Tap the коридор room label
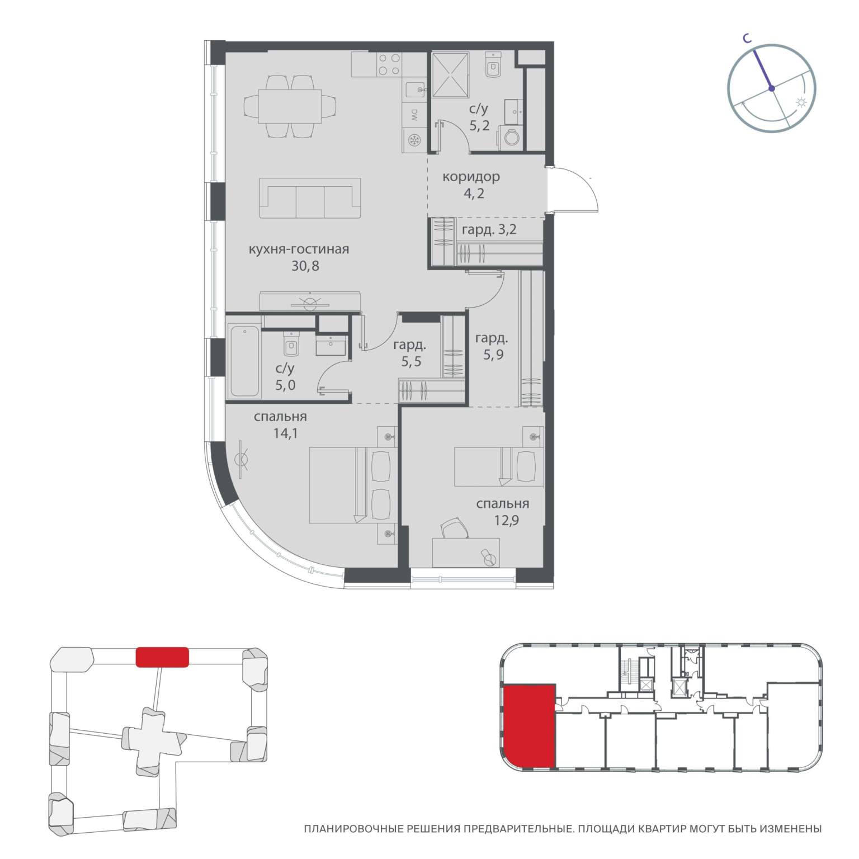471,177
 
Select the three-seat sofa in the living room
310,198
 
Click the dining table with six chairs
291,106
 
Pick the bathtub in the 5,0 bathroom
244,362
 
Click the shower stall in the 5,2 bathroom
450,72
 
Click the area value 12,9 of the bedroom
502,521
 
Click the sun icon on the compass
801,102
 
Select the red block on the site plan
162,657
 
